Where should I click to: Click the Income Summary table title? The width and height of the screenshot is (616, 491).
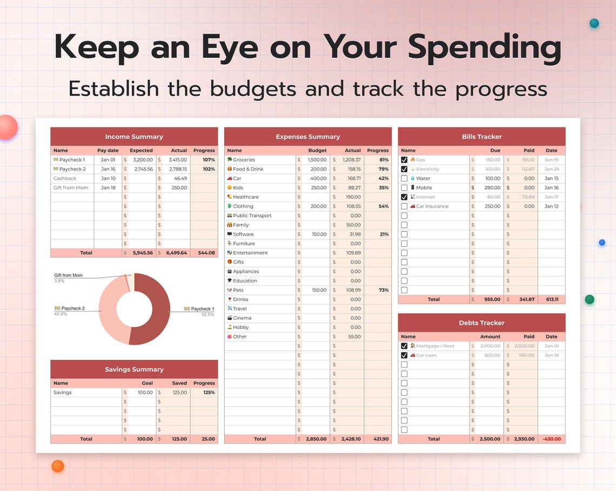[x=134, y=137]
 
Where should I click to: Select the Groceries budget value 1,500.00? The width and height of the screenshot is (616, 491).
[x=317, y=160]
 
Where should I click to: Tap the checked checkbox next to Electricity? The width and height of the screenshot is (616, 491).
[x=404, y=169]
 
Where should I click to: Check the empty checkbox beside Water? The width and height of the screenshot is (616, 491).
[x=404, y=178]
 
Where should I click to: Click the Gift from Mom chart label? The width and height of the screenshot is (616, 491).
[x=69, y=275]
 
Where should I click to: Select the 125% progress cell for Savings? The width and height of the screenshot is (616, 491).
[x=209, y=393]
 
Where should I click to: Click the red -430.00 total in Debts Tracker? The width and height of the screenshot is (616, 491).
[x=551, y=439]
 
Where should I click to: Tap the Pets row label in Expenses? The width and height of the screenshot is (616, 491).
[x=238, y=290]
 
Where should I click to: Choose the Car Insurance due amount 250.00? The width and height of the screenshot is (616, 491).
[x=492, y=206]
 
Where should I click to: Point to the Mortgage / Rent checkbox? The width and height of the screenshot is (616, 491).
[x=404, y=346]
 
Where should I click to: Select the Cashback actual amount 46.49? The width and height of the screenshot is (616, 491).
[x=180, y=178]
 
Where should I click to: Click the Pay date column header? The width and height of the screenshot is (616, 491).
[x=108, y=151]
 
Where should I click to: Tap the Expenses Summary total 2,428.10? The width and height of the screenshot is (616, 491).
[x=351, y=439]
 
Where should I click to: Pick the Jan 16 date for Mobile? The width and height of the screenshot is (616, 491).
[x=551, y=188]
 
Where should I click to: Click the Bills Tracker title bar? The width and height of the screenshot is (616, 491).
[x=481, y=137]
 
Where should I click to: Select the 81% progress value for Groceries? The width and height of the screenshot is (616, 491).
[x=384, y=160]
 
